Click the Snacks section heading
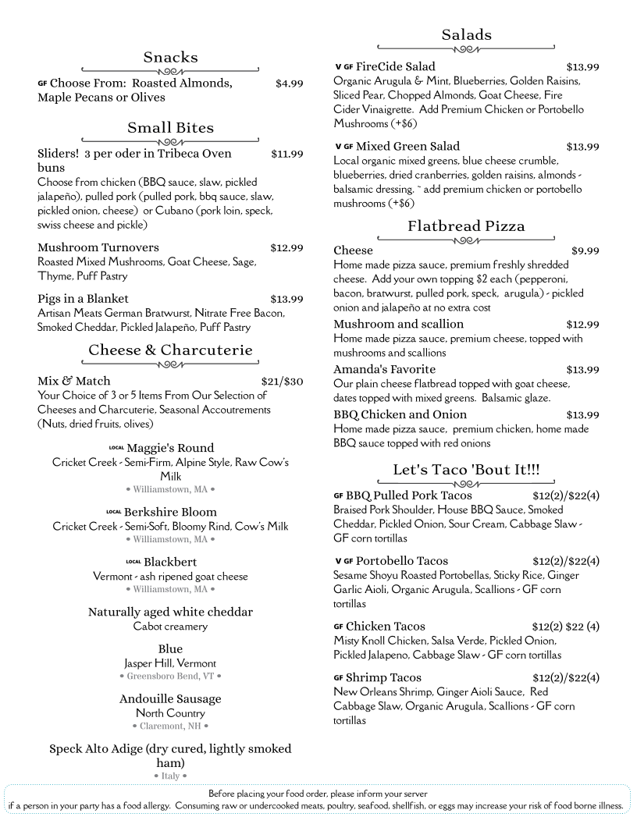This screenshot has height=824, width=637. pos(170,57)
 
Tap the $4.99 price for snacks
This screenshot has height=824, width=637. pos(289,83)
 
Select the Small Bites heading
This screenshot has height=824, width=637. pos(170,127)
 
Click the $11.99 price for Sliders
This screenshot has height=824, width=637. pos(286,154)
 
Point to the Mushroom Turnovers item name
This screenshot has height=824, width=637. pos(98,247)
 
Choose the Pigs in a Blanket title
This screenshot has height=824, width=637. pos(83,298)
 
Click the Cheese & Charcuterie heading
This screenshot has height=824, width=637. pos(170,350)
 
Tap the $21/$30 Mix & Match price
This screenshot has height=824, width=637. pos(282,381)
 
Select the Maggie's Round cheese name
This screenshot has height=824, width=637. pos(170,448)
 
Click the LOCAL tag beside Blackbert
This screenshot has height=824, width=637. pos(133,562)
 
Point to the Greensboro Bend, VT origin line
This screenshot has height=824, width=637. pos(170,676)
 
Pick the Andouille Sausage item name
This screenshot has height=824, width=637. pos(170,698)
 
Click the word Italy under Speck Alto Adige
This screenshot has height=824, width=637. pos(170,776)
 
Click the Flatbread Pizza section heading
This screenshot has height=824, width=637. pos(466,226)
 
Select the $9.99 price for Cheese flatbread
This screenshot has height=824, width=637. pos(585,250)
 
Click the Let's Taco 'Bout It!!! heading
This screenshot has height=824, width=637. pos(466,469)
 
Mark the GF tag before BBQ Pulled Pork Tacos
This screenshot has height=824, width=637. pos(338,495)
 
